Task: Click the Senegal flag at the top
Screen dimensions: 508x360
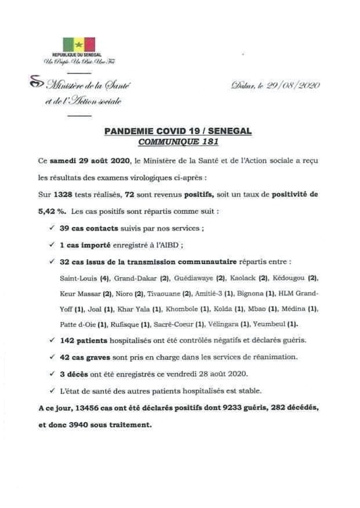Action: (79, 44)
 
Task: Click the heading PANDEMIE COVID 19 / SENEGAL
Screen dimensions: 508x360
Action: (178, 132)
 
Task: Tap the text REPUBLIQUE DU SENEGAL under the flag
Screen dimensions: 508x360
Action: (77, 55)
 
